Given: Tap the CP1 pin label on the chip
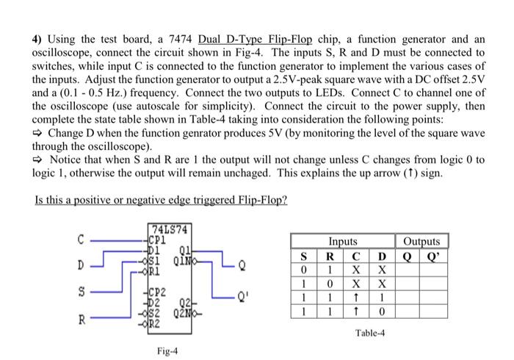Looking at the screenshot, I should coord(159,238).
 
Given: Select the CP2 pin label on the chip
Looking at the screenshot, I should coord(159,292).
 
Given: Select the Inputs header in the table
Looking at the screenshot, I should coord(343,241).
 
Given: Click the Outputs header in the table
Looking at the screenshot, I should coord(422,241).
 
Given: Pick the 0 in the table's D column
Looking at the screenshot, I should coord(381,312).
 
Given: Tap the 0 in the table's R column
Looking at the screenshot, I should coord(330,283).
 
